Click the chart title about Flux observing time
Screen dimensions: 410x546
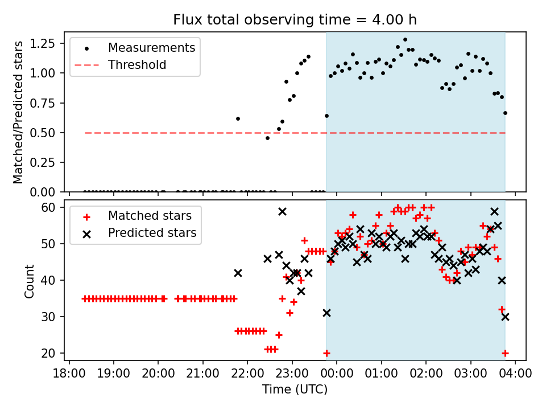[295, 20]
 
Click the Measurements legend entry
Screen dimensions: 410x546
[151, 47]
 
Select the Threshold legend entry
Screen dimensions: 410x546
[137, 65]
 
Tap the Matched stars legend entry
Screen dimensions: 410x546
[150, 216]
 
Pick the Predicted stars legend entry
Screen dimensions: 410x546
[152, 233]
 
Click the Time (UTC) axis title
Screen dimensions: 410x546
[295, 390]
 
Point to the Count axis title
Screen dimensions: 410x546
[30, 281]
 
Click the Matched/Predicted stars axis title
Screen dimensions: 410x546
[18, 112]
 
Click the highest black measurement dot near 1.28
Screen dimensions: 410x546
[405, 40]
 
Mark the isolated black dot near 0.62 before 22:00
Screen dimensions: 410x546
[238, 118]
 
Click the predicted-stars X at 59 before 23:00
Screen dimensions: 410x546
[282, 211]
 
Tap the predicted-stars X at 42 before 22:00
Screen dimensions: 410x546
[238, 273]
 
